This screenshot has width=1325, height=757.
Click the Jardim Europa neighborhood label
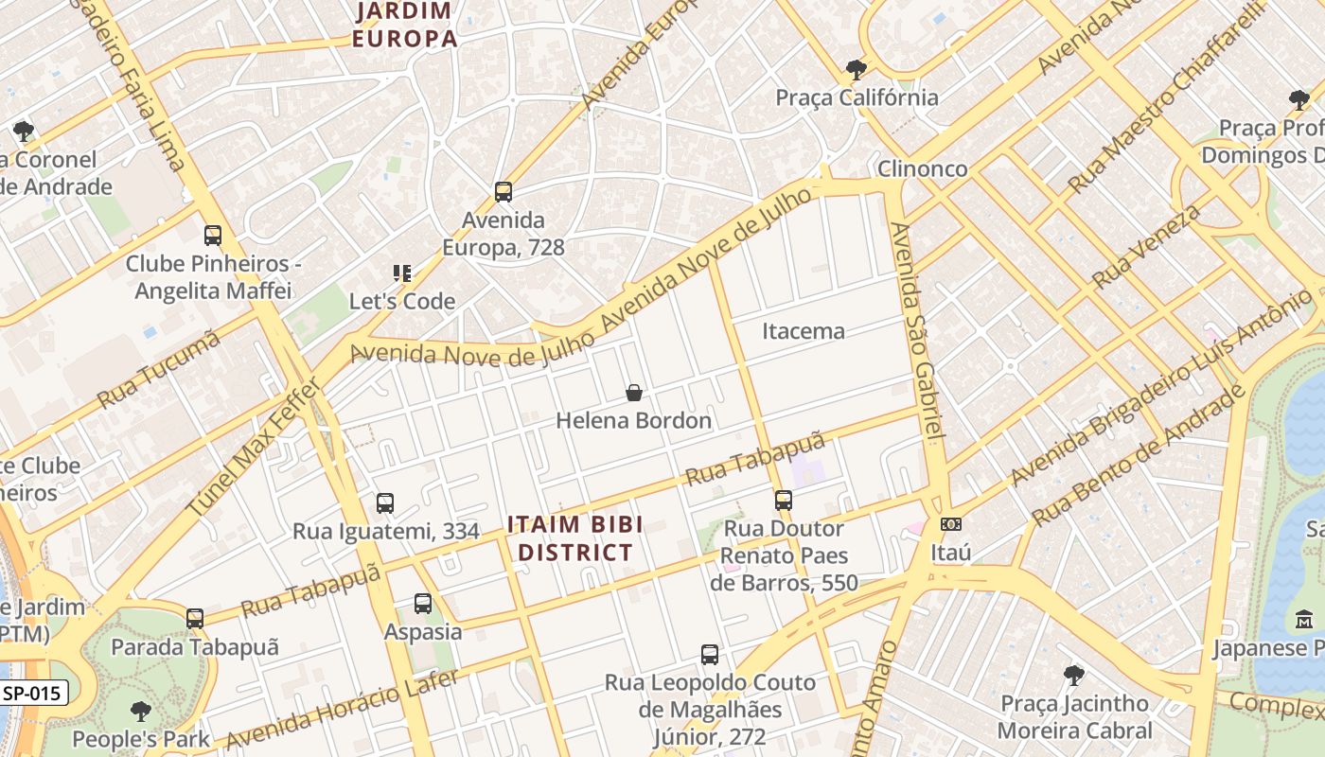point(404,26)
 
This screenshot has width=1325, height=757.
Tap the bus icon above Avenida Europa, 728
point(503,192)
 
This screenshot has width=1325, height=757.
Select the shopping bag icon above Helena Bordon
point(634,393)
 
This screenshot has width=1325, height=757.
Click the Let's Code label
point(402,302)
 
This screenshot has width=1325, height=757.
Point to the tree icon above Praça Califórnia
point(857,69)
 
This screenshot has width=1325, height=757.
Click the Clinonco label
point(923,169)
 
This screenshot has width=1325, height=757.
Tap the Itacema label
point(804,331)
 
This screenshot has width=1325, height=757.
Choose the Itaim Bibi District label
point(570,537)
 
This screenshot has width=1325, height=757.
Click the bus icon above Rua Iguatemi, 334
point(385,503)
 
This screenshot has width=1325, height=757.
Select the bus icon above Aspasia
point(423,604)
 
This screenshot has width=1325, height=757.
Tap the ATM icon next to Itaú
point(951,524)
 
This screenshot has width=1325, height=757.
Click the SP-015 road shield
point(31,693)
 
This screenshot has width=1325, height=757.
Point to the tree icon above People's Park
point(141,712)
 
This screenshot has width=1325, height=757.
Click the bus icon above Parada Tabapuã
point(195,619)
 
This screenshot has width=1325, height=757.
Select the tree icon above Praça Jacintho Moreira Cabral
point(1074,676)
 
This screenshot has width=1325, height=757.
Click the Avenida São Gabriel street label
point(917,331)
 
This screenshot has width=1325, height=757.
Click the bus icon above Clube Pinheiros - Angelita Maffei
point(213,236)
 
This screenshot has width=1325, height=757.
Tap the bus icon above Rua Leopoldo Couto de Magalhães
point(710,654)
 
